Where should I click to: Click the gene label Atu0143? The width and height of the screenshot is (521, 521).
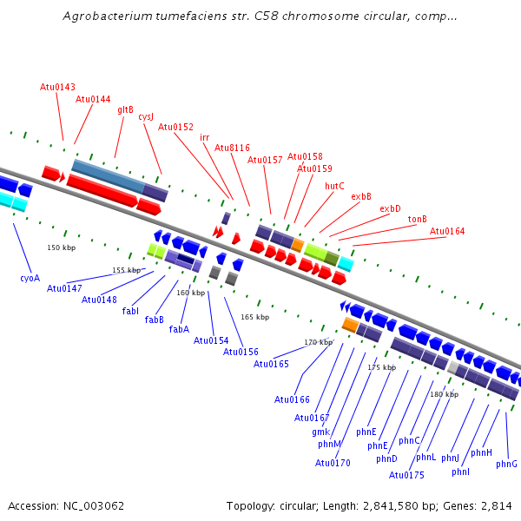57,87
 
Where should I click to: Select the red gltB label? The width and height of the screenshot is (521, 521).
125,110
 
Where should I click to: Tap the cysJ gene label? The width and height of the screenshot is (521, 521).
146,117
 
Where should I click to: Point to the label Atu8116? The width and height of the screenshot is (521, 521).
232,148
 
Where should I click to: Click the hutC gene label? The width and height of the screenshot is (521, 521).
334,186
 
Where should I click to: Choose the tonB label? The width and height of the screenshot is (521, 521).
418,219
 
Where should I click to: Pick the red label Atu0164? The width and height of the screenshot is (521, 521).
447,231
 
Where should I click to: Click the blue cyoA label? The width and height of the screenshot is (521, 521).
30,278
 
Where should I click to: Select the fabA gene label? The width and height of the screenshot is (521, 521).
179,329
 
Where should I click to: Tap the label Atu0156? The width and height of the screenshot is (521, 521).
241,352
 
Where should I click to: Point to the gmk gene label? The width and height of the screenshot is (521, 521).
321,432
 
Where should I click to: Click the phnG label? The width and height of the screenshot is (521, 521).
506,464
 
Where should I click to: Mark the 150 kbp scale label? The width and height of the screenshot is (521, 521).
62,247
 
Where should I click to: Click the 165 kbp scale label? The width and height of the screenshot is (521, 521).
254,317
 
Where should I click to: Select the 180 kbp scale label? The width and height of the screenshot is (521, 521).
444,394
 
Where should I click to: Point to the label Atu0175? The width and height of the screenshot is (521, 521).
406,475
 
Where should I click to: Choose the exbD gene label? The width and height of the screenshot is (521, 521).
390,208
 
